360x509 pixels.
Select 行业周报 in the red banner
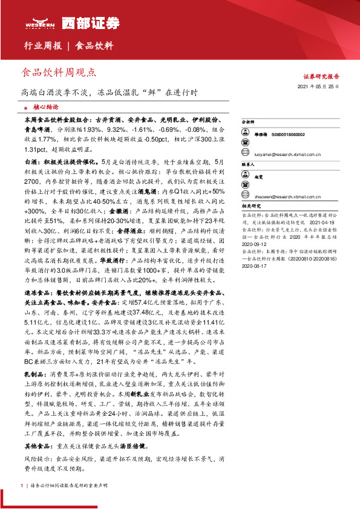pyautogui.click(x=42, y=46)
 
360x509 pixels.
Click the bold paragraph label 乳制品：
pyautogui.click(x=34, y=373)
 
